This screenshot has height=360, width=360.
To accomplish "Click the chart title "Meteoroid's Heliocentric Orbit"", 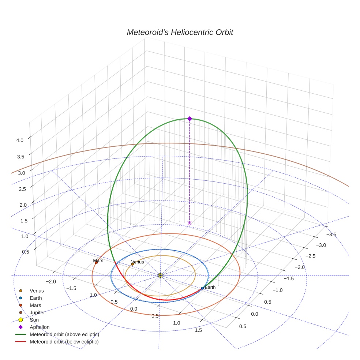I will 180,32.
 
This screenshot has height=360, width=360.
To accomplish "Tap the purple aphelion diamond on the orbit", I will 190,119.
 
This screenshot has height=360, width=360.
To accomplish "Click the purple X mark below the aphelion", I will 190,223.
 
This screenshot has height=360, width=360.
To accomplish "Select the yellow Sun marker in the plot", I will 160,275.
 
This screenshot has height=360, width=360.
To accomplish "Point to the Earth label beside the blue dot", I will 210,287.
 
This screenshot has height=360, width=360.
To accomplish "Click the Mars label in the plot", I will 98,261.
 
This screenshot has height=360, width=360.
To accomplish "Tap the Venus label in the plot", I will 137,262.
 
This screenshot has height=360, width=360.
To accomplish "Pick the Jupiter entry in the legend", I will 37,312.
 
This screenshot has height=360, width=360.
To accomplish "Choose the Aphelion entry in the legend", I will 40,327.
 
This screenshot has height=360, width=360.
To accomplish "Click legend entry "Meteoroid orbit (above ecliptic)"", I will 64,334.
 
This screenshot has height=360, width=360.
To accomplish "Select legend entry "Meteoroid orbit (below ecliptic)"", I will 64,342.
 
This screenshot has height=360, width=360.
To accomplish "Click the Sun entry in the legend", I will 34,320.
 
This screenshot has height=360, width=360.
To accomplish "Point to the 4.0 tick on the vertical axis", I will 20,140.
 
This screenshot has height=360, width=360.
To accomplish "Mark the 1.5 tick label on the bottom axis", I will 199,330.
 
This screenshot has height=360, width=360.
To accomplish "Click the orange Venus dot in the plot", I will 132,264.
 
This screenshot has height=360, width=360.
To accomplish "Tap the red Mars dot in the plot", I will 96,263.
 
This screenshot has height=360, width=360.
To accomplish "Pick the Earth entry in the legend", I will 35,298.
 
